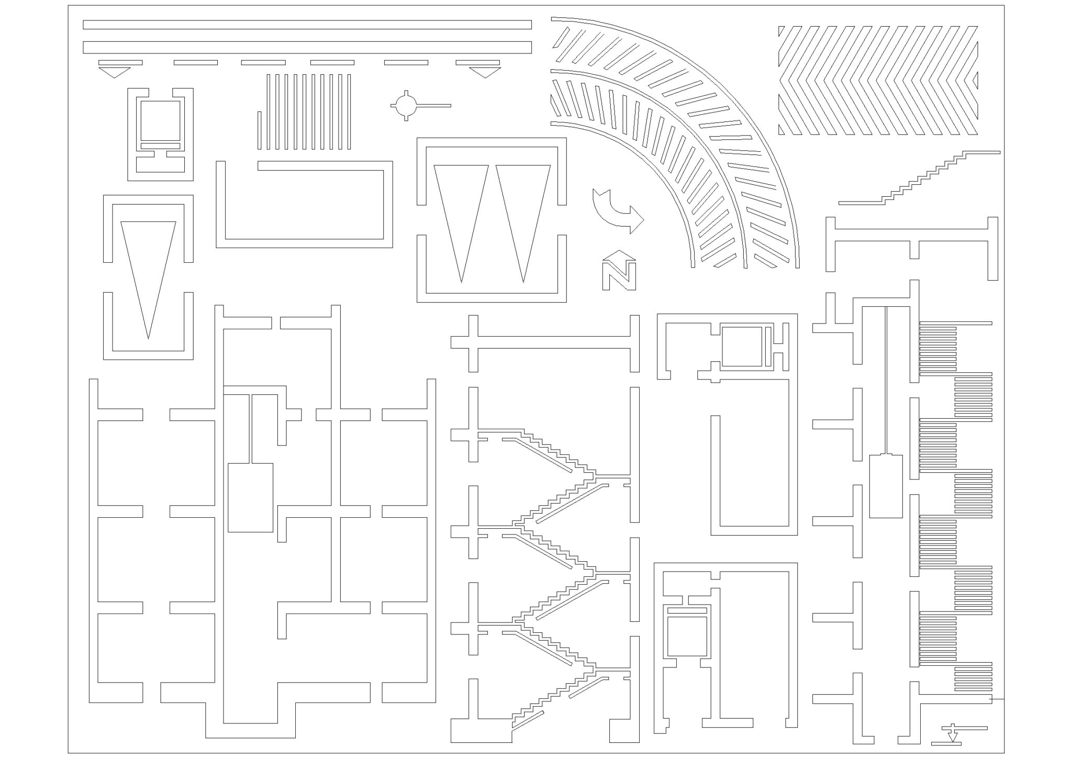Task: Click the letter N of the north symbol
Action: click(x=619, y=276)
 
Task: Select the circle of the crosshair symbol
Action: click(x=406, y=106)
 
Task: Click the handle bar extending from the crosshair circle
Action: click(x=433, y=106)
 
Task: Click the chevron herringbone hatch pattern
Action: click(x=878, y=81)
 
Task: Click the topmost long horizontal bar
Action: click(x=307, y=25)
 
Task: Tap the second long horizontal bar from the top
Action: click(x=307, y=48)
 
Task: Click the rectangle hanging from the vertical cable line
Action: click(x=886, y=486)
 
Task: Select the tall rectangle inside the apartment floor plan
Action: click(x=250, y=497)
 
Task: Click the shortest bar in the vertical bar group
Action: click(x=259, y=130)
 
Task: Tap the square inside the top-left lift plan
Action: click(x=160, y=120)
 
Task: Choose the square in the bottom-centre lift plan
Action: click(x=687, y=636)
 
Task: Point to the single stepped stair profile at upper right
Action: click(x=920, y=178)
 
